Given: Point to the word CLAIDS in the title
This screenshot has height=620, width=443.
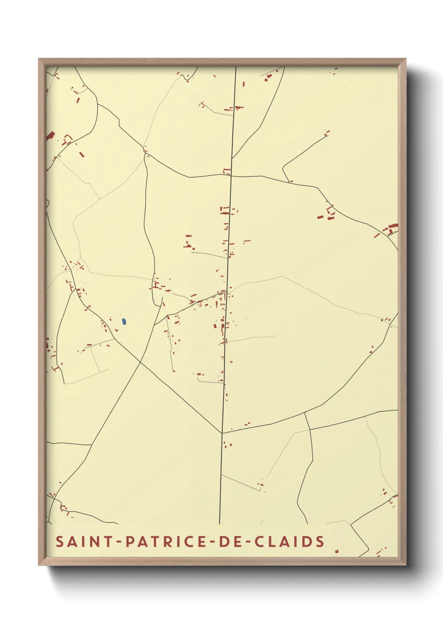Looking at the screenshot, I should (290, 542).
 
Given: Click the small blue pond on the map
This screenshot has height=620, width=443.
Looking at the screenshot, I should (124, 322).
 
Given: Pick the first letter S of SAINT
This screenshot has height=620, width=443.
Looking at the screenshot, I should (60, 542).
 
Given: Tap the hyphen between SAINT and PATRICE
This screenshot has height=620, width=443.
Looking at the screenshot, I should (120, 542).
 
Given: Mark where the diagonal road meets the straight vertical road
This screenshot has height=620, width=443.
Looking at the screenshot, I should (222, 433).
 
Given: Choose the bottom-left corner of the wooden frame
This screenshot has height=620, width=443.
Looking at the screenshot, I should (39, 564).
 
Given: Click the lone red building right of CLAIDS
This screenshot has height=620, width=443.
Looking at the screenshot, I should (337, 551).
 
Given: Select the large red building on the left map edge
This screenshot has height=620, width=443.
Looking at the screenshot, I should (51, 135).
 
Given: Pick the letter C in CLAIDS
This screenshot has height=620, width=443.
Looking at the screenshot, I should (260, 542).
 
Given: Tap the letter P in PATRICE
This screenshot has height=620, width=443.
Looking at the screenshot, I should (130, 542).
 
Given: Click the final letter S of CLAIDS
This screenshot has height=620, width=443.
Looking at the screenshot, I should (320, 542).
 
